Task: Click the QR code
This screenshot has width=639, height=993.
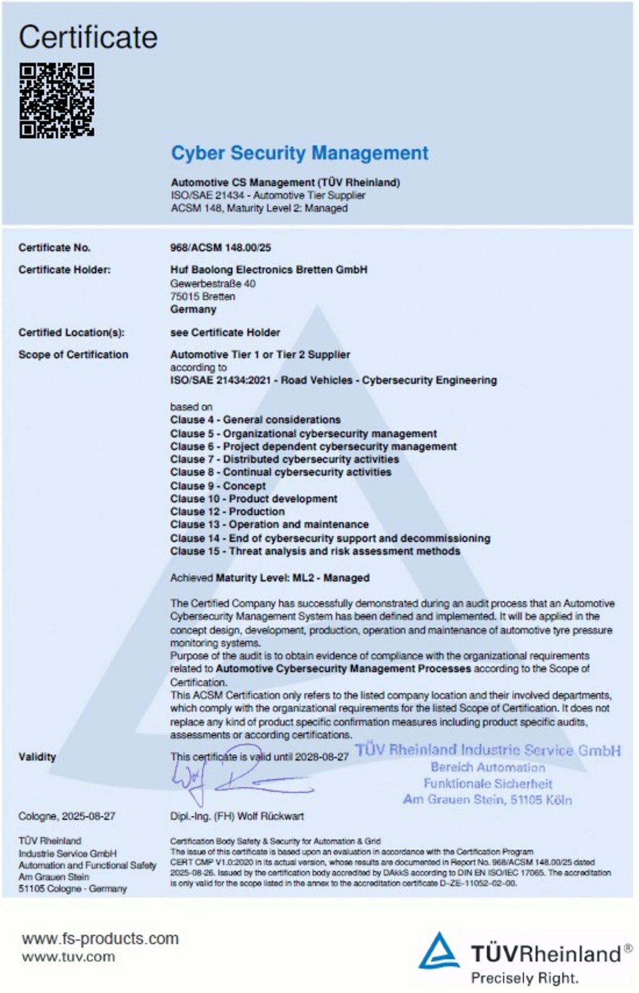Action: point(56,100)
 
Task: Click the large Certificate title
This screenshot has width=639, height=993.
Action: point(88,37)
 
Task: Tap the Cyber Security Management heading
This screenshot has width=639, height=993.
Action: point(300,153)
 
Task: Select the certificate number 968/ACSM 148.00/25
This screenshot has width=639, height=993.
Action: point(220,247)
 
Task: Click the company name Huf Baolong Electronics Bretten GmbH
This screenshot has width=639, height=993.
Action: point(268,270)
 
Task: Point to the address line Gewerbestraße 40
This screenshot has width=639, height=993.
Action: point(213,284)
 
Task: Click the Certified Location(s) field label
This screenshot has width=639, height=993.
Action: point(71,332)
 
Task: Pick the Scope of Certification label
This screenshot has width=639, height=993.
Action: point(73,355)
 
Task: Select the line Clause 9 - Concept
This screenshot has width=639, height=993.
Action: point(218,486)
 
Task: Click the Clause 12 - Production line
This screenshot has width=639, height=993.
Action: point(227,511)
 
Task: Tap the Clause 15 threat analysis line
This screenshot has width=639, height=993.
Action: point(315,551)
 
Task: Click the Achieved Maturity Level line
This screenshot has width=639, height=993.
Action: point(270,578)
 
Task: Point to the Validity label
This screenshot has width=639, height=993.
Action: point(37,757)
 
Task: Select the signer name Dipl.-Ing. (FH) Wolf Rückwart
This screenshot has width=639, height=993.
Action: point(237,816)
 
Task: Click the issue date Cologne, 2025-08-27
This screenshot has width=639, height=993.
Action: point(67,816)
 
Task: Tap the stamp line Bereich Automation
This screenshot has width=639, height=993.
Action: point(487,768)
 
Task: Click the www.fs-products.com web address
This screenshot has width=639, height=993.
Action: point(100,938)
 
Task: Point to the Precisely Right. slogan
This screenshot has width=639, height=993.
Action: point(524,978)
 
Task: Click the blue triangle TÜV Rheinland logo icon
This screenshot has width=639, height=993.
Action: point(439,951)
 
